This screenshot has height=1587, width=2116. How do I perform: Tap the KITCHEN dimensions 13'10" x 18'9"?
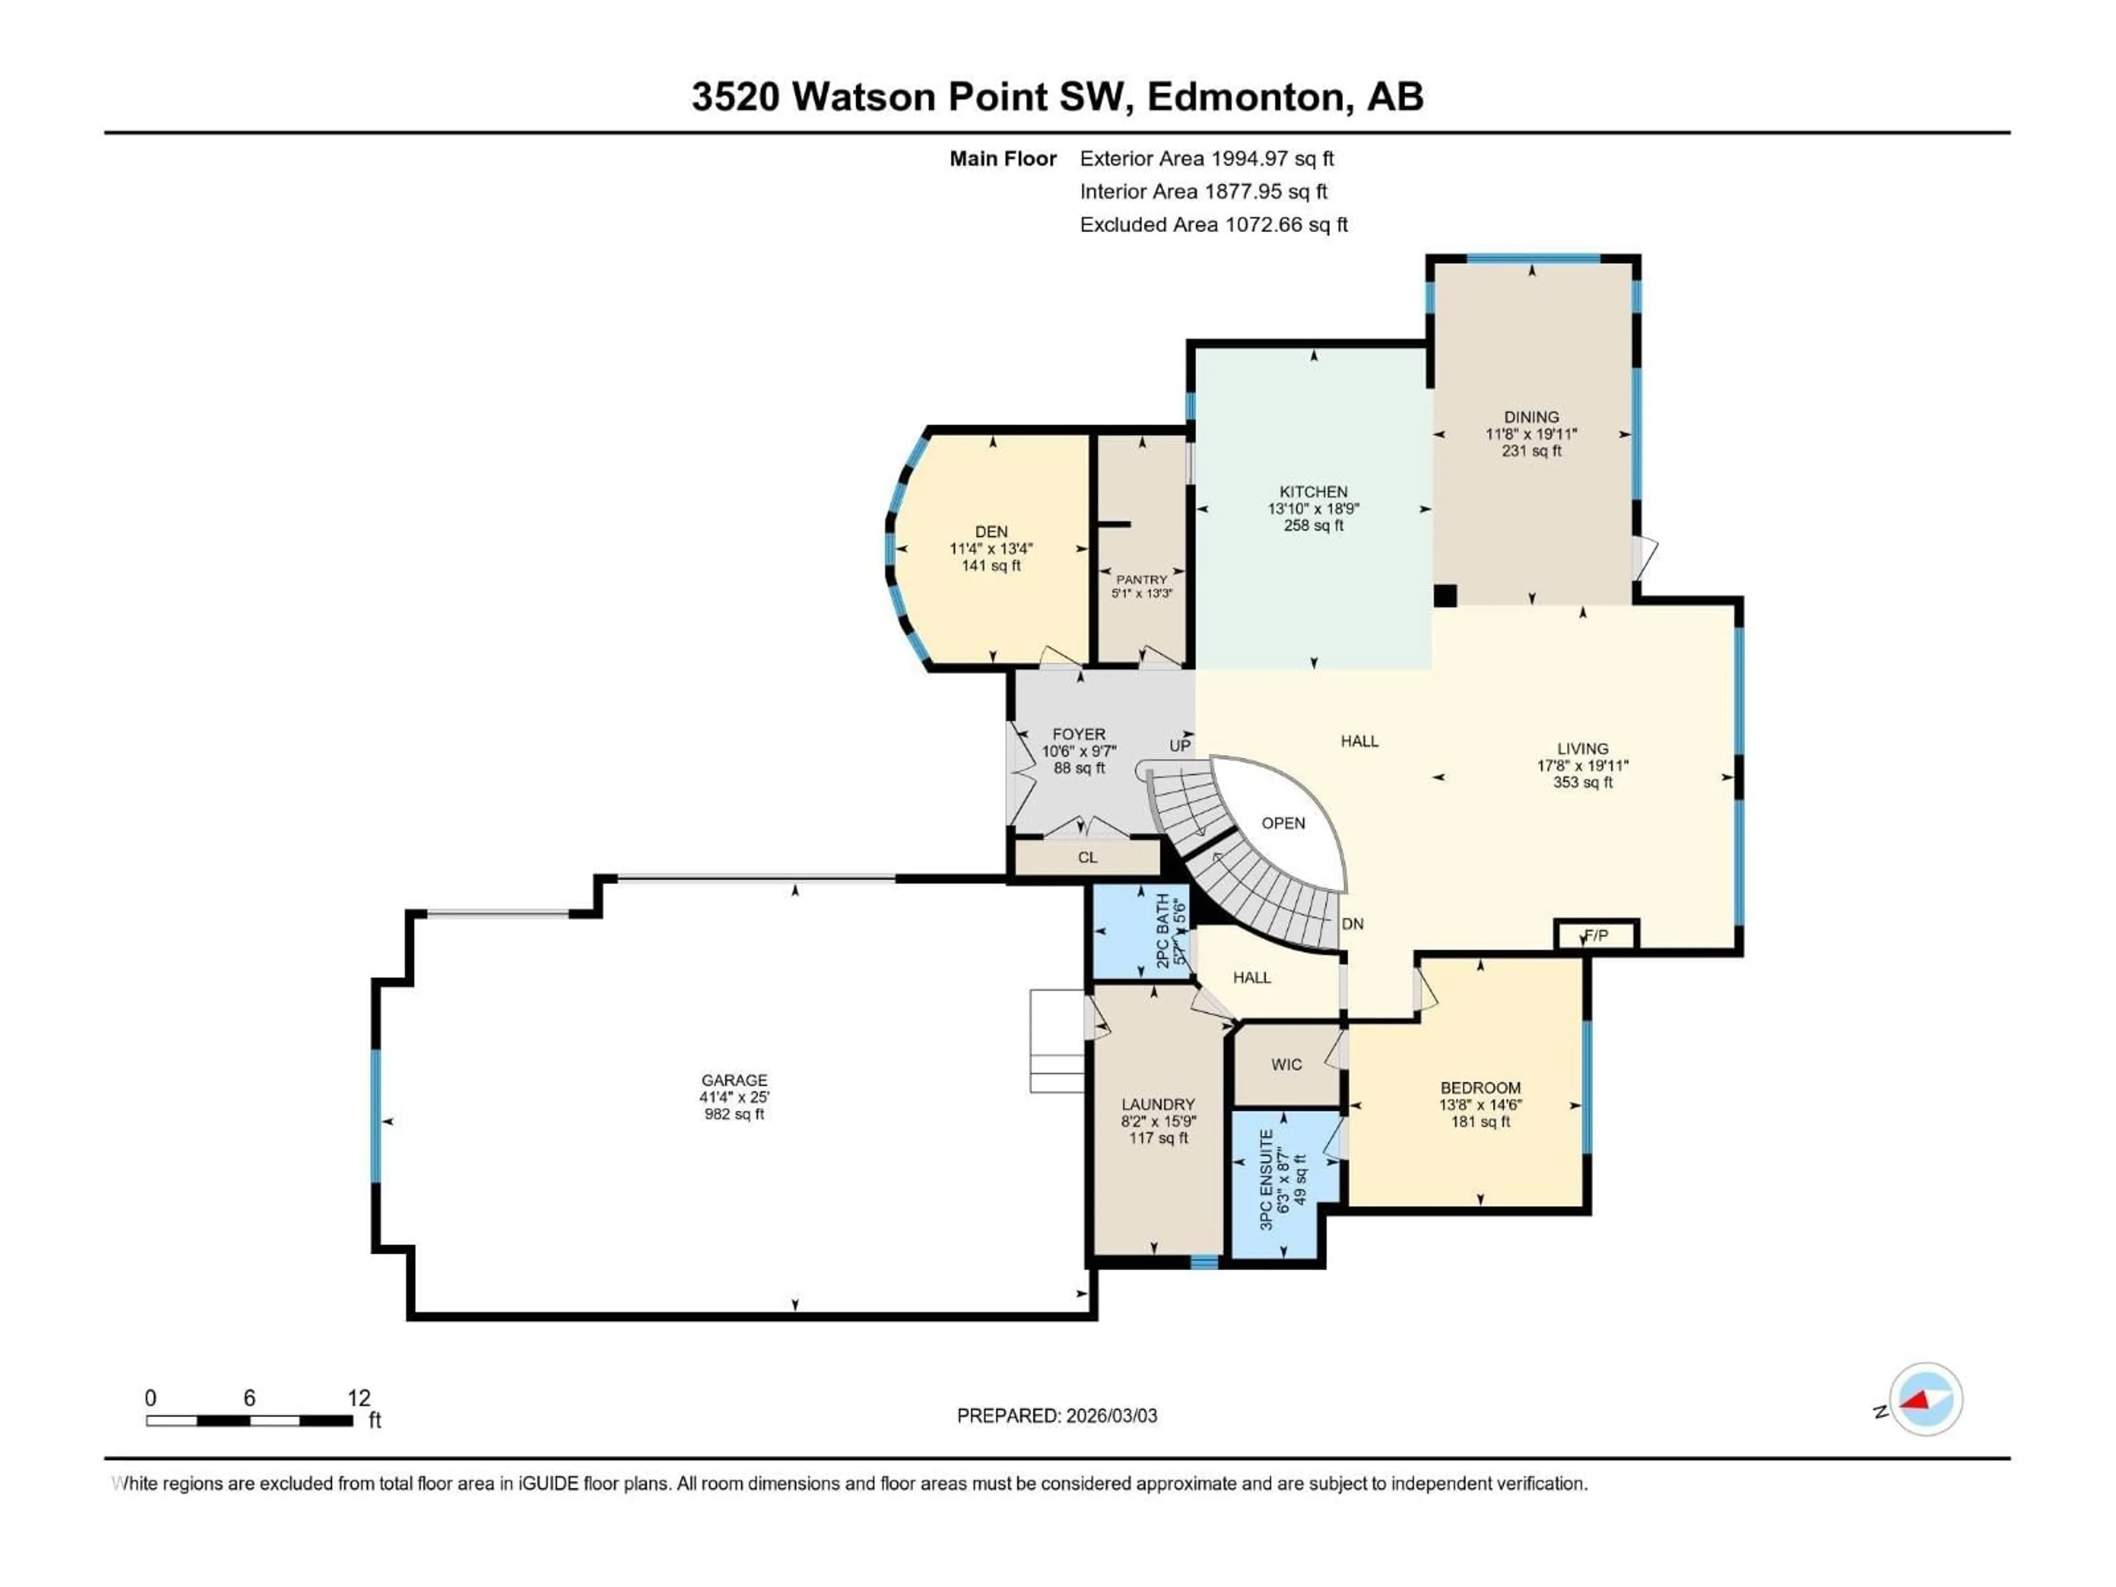pos(1314,509)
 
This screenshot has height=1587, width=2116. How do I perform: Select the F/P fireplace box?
pos(1596,935)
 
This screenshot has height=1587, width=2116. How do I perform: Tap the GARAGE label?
pos(734,1080)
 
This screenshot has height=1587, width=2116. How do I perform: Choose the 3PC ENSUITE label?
pos(1266,1179)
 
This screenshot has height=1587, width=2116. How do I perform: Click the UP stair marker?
pos(1179,745)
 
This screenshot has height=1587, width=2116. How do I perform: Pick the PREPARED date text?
pos(1056,1415)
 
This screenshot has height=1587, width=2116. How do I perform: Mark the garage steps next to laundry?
pos(1056,1041)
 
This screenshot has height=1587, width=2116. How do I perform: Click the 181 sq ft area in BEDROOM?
pos(1480,1121)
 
